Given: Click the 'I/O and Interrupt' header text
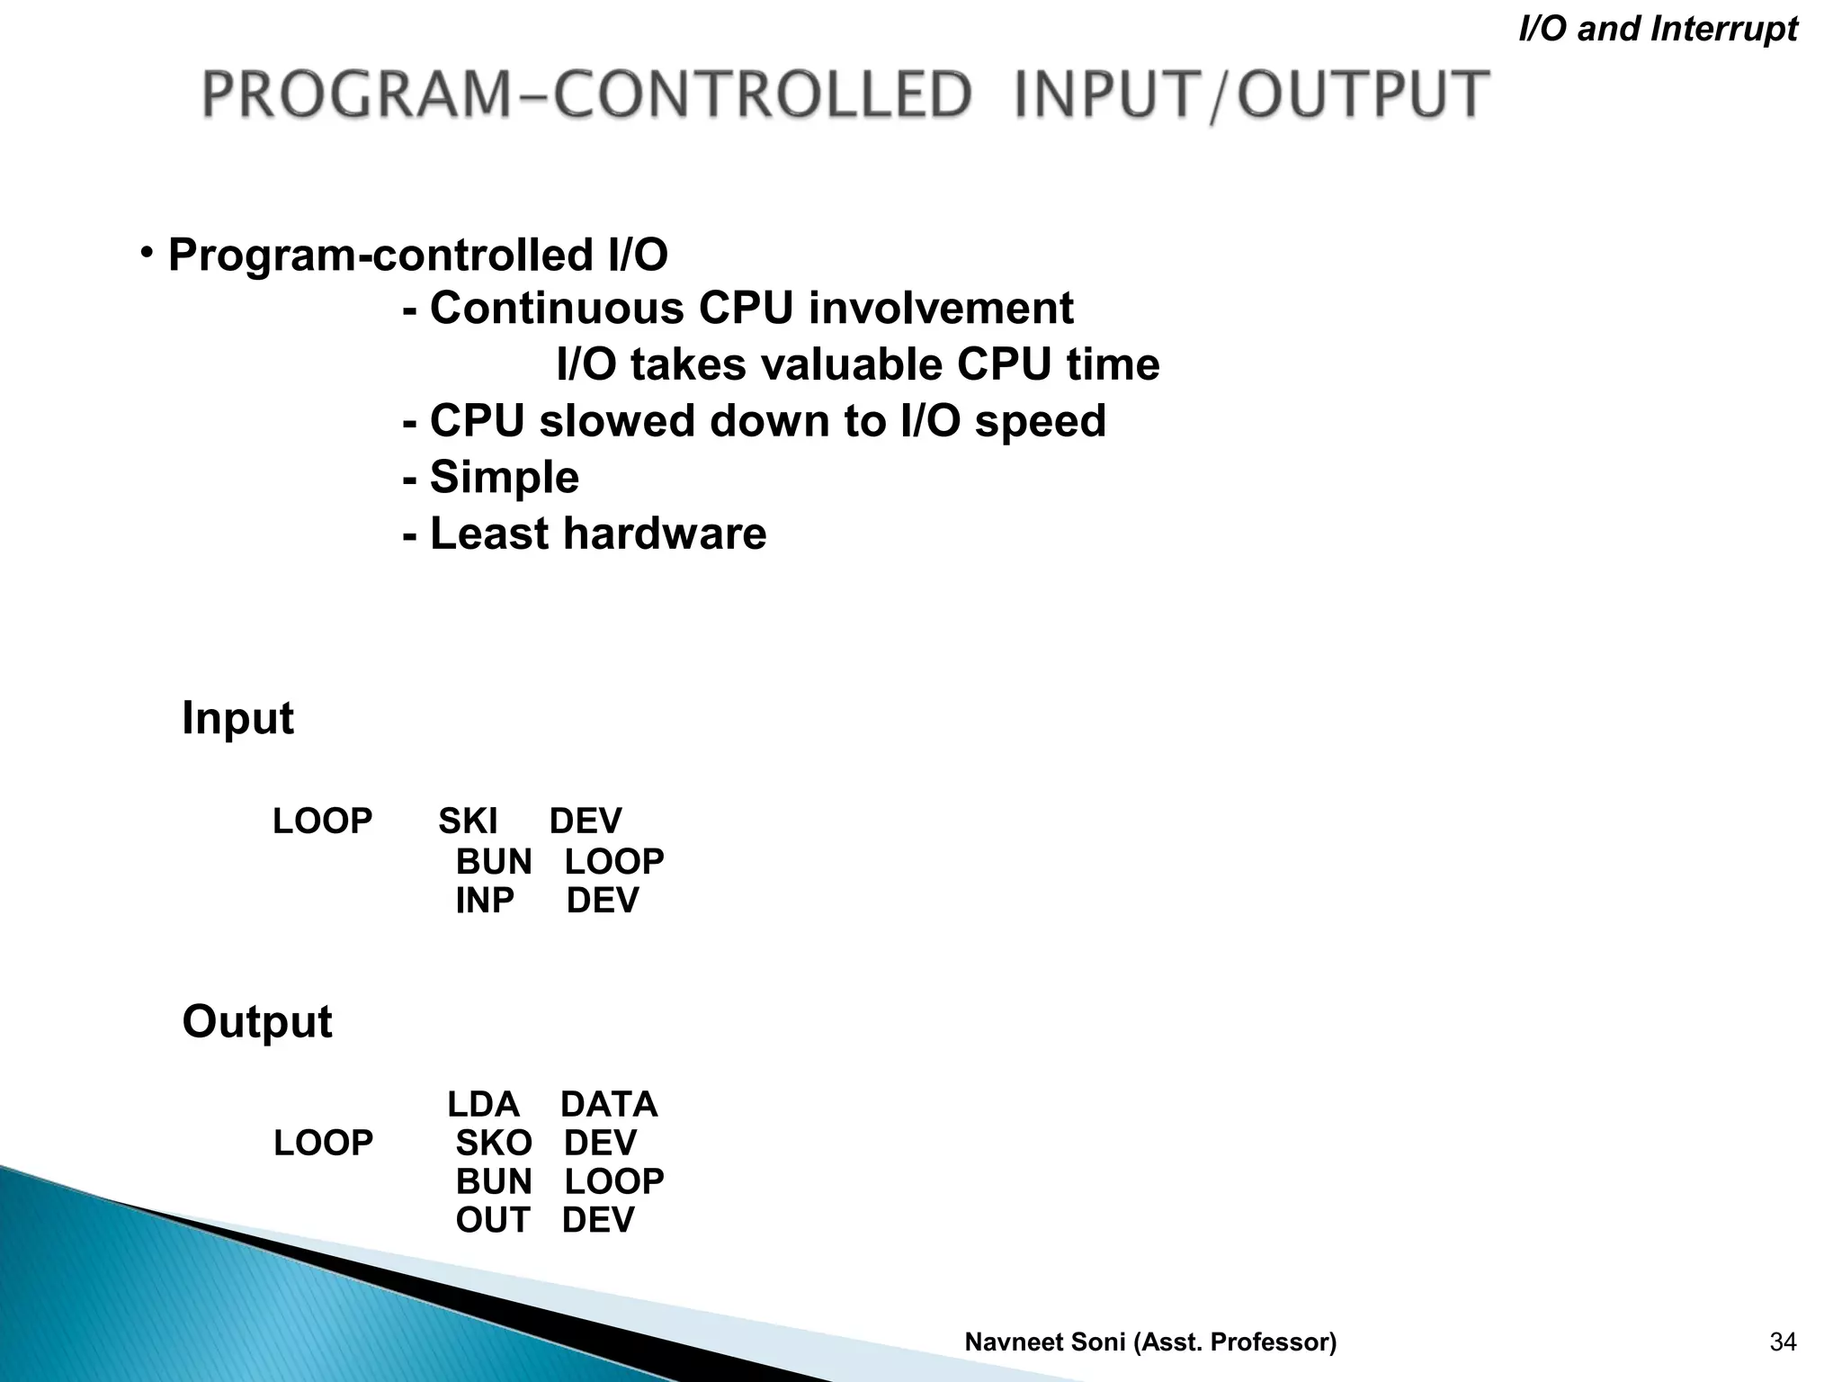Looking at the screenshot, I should click(x=1657, y=30).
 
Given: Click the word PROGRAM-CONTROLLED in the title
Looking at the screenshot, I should click(x=586, y=95).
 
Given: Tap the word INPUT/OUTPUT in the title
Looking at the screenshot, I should click(x=1251, y=95).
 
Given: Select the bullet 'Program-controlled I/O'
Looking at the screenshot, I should click(x=417, y=255).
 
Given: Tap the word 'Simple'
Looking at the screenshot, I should click(x=504, y=477).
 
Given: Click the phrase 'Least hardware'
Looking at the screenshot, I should click(x=597, y=534).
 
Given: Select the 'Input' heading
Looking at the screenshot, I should click(x=237, y=718).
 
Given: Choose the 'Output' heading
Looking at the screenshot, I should click(x=257, y=1022).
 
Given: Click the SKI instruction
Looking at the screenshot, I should click(x=467, y=821).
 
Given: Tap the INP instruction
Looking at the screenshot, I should click(x=485, y=901).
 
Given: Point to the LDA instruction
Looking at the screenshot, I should click(x=483, y=1105).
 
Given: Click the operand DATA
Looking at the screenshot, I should click(x=609, y=1105).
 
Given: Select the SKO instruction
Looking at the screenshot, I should click(x=493, y=1144).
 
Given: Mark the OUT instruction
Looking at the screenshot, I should click(x=493, y=1220).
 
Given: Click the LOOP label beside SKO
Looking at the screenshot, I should click(x=323, y=1144).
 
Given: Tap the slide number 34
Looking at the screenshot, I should click(x=1783, y=1342).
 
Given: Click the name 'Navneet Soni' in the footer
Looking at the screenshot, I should click(x=1045, y=1342).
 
